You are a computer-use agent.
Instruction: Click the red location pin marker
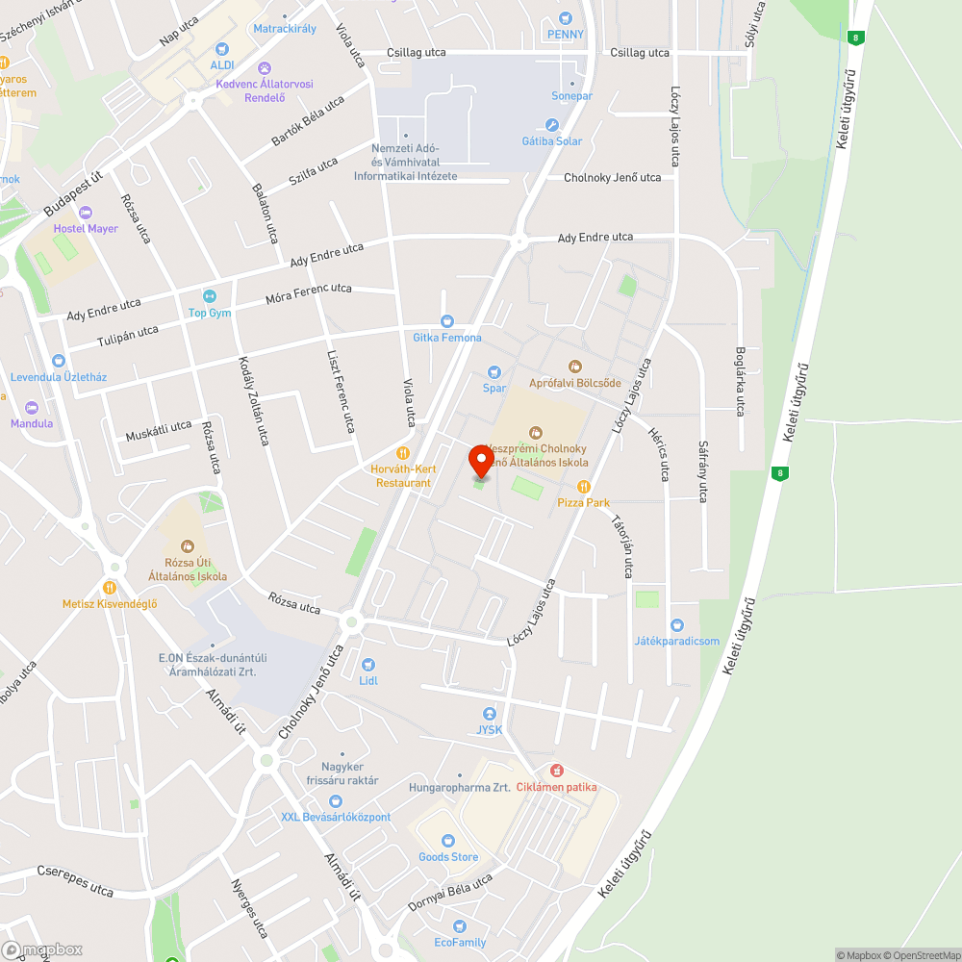(x=480, y=461)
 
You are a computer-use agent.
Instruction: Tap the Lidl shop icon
(x=367, y=665)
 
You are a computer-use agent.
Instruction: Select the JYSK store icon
(x=490, y=714)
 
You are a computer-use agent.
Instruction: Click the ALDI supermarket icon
(x=222, y=48)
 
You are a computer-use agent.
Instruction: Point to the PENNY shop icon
(x=565, y=18)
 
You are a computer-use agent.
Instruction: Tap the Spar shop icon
(x=494, y=372)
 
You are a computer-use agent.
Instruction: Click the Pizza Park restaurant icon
(x=583, y=487)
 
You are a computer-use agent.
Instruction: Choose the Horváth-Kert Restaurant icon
(x=403, y=453)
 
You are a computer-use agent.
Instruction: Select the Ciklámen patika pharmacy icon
(x=556, y=771)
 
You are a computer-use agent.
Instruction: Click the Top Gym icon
(x=210, y=296)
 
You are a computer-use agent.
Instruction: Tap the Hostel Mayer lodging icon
(x=86, y=213)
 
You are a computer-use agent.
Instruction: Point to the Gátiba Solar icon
(x=552, y=125)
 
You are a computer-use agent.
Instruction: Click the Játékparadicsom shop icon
(x=677, y=625)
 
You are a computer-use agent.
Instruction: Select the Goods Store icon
(x=448, y=841)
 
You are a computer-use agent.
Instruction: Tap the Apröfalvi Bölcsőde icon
(x=575, y=366)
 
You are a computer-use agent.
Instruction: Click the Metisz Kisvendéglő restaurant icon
(x=109, y=588)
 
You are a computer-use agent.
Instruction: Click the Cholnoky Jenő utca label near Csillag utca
(x=612, y=178)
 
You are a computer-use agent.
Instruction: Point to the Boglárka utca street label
(x=740, y=381)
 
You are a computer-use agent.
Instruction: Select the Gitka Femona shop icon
(x=446, y=321)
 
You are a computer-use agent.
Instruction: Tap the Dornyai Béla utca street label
(x=450, y=894)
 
